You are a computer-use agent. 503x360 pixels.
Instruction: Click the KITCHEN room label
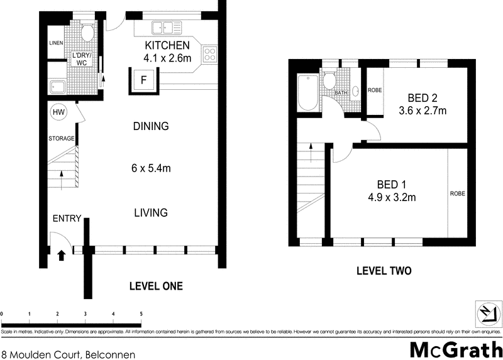point(167,45)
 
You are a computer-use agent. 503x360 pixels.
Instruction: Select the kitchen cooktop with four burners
point(210,54)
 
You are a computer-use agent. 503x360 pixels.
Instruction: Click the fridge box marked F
point(144,81)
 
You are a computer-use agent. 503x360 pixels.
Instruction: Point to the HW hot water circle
point(58,112)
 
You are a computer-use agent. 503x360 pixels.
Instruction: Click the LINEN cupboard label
point(56,43)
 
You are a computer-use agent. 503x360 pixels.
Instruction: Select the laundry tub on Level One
point(58,87)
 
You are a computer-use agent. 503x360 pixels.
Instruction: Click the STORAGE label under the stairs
point(61,138)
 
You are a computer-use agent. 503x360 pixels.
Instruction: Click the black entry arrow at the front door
point(62,256)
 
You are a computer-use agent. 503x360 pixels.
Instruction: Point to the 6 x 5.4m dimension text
point(151,168)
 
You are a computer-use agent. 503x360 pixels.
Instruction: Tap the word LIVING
point(151,212)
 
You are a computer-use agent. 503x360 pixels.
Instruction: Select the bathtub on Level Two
point(308,92)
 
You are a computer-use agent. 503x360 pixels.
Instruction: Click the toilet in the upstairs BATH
point(329,80)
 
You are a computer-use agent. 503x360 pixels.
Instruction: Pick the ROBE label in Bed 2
point(375,90)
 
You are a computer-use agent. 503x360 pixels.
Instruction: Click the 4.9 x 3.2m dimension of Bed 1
point(392,197)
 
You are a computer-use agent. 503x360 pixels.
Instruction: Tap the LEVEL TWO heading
point(384,271)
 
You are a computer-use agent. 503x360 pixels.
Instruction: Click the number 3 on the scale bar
point(86,314)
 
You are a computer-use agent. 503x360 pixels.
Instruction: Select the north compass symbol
point(489,314)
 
